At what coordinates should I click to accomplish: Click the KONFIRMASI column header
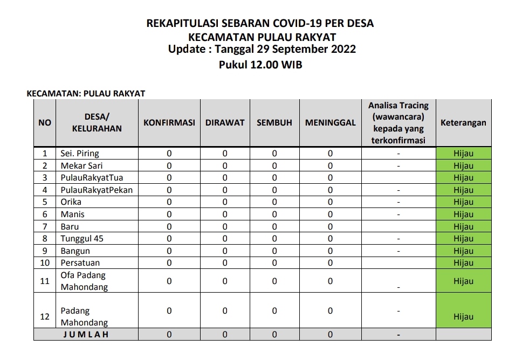(169, 123)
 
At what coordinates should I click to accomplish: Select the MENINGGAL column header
(330, 123)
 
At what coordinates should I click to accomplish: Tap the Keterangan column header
(463, 123)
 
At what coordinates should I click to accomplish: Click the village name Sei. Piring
(80, 154)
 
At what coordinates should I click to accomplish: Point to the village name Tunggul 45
(82, 239)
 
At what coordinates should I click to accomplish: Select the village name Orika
(71, 202)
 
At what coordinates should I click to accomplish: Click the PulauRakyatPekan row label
(97, 190)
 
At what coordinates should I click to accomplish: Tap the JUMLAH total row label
(86, 335)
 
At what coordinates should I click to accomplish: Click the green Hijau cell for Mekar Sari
(463, 166)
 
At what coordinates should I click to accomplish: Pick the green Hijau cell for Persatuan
(463, 263)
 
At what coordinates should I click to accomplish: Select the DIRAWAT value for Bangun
(225, 251)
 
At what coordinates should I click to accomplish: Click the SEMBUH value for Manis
(274, 214)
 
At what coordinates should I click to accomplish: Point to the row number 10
(45, 263)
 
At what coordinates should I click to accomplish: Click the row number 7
(45, 227)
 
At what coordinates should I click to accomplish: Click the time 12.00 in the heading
(265, 65)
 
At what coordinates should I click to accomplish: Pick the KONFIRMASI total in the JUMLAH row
(169, 335)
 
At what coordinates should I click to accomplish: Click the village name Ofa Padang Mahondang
(84, 281)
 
